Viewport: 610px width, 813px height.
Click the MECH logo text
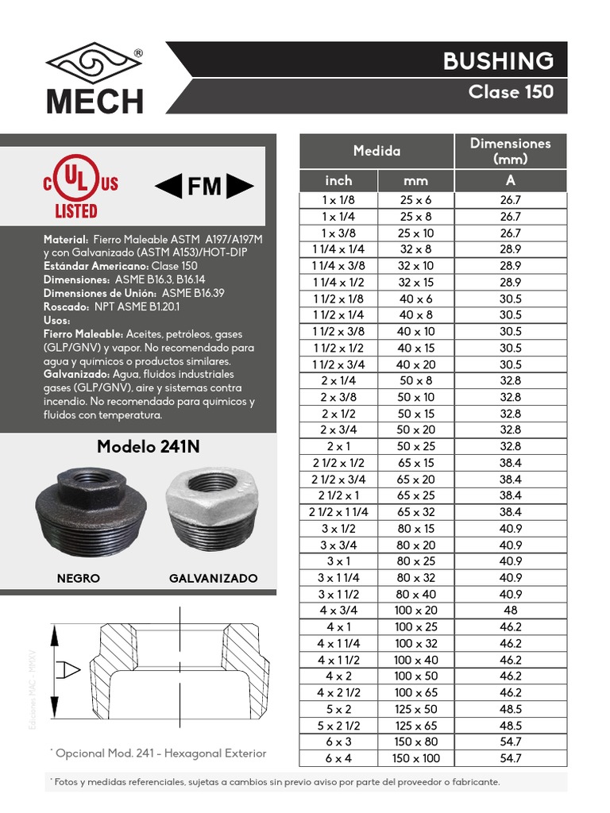click(x=95, y=101)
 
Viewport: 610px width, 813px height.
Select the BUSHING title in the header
click(x=509, y=61)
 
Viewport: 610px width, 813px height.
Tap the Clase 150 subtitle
click(x=511, y=91)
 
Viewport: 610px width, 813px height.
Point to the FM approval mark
click(x=203, y=187)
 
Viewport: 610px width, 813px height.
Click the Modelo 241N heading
click(x=148, y=447)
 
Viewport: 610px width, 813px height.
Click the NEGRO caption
click(x=79, y=578)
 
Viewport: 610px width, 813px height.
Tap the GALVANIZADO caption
click(x=213, y=578)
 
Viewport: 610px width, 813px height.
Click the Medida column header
click(x=376, y=151)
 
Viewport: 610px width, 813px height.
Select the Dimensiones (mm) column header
click(x=510, y=151)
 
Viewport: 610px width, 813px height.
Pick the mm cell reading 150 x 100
click(x=416, y=758)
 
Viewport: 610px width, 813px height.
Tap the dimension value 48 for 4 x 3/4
click(x=510, y=610)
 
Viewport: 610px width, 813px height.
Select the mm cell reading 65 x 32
click(x=416, y=512)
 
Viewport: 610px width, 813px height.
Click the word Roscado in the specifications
click(x=67, y=305)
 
